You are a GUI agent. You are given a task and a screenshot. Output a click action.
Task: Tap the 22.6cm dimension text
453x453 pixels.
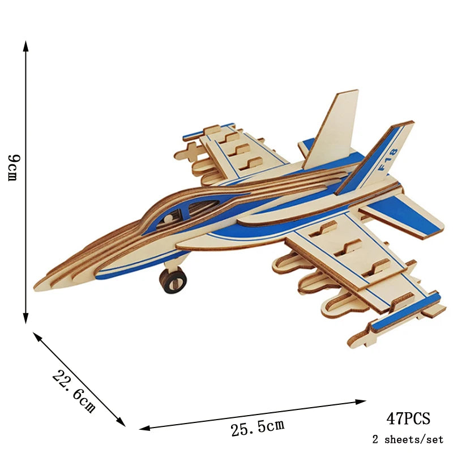click(74, 391)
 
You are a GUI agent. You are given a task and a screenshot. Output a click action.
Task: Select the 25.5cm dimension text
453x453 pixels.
click(258, 426)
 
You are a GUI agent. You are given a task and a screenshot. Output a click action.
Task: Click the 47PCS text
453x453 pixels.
click(408, 418)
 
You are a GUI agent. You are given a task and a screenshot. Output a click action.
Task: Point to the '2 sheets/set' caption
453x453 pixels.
click(408, 439)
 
